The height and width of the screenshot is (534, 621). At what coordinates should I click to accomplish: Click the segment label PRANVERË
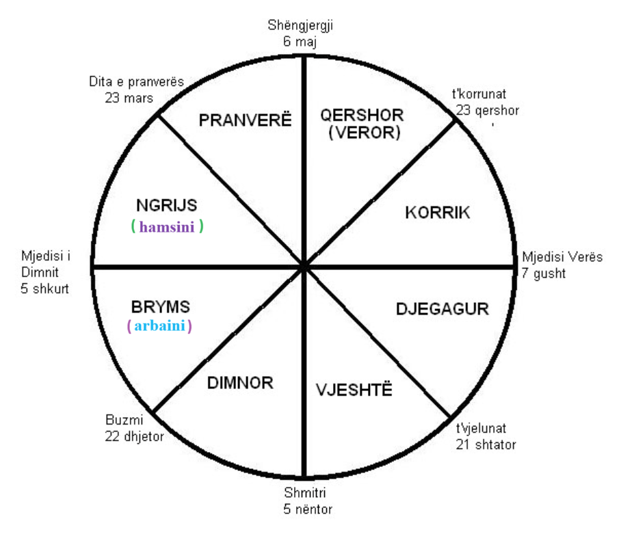coord(245,120)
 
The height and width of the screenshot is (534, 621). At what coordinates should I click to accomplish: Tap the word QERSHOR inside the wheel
coord(362,115)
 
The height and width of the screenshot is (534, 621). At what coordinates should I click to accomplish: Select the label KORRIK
coord(437,213)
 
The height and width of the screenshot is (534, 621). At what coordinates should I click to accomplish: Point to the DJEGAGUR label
coord(442,309)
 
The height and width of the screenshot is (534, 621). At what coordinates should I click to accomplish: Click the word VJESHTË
coord(354,390)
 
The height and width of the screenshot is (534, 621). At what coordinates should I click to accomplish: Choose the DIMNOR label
coord(241,383)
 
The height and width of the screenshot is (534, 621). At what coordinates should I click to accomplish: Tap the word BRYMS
coord(161,307)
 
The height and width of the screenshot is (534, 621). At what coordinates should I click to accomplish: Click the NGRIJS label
coord(167,205)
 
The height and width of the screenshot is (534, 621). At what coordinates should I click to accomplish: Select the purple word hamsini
coord(167,227)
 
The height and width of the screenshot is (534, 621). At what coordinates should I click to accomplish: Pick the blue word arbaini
coord(159,325)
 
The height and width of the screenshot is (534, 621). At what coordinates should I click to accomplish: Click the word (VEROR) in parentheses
coord(365,133)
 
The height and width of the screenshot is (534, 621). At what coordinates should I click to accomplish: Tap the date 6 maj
coord(300,41)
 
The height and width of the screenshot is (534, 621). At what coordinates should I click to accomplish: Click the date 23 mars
coord(129,98)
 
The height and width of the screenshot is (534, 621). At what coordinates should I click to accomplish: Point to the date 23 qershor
coord(487,110)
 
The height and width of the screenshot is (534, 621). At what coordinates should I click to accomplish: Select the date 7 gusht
coord(543,273)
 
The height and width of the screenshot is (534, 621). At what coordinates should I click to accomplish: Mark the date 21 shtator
coord(486,444)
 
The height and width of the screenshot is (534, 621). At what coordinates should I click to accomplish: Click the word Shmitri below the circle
coord(305,493)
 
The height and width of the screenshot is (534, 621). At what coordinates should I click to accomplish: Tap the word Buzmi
coord(124,420)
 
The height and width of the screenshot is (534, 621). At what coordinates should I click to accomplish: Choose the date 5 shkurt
coord(44,289)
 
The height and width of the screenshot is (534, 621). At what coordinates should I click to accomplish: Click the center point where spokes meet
coord(304,267)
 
